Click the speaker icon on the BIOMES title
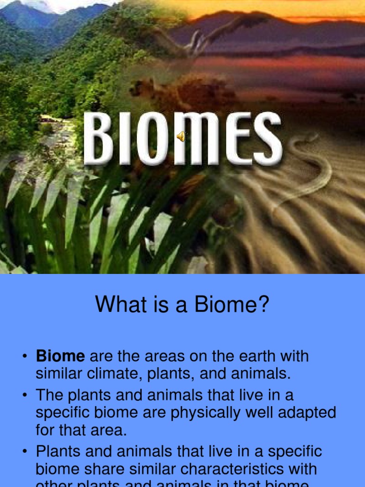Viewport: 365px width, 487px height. tap(182, 137)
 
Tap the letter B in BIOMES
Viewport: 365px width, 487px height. tap(98, 139)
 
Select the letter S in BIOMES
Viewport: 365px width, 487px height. tap(266, 139)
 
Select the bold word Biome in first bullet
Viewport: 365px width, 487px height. tap(60, 356)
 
